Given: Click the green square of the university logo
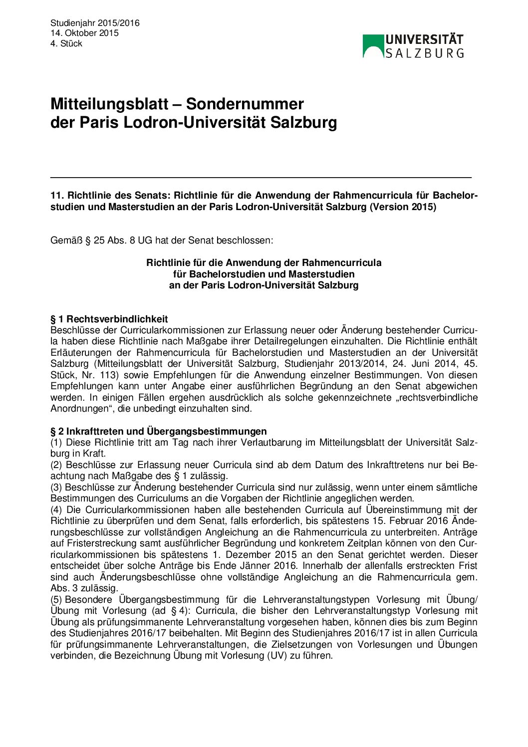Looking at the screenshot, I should (x=373, y=45).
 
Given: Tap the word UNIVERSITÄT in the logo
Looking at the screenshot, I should (x=424, y=40).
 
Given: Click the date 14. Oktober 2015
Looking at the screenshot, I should (x=84, y=33).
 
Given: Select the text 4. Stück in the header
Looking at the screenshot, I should (x=66, y=43).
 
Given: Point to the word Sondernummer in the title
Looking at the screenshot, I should (x=245, y=104).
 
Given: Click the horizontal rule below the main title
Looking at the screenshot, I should (x=261, y=177).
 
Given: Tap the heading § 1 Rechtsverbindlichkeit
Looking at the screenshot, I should (x=109, y=319).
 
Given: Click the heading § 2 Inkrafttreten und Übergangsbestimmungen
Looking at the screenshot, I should (x=158, y=431).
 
